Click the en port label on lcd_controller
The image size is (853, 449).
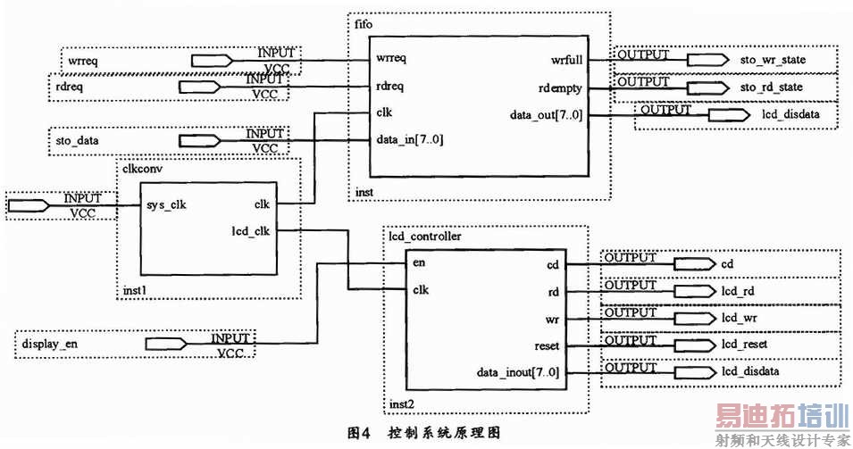point(418,263)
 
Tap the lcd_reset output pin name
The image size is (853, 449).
point(743,345)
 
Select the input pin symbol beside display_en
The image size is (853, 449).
point(166,344)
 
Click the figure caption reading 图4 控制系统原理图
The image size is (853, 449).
point(424,431)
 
